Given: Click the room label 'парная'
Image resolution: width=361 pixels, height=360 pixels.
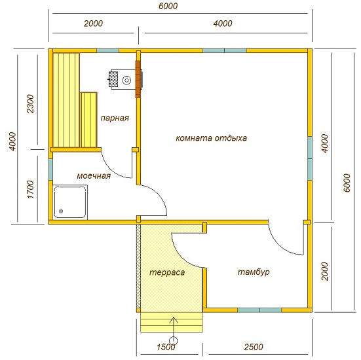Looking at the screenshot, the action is pyautogui.click(x=115, y=118).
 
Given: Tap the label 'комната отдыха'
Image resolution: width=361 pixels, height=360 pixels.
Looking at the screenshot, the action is pyautogui.click(x=211, y=138).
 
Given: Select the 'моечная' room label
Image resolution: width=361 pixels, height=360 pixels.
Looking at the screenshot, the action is pyautogui.click(x=94, y=176).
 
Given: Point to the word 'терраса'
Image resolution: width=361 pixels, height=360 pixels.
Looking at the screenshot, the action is pyautogui.click(x=167, y=272).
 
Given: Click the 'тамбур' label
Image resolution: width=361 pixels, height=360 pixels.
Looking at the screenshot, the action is pyautogui.click(x=254, y=272).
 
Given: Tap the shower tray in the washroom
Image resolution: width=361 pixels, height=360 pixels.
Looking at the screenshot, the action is pyautogui.click(x=70, y=202).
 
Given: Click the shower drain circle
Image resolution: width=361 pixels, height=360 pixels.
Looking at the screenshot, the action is pyautogui.click(x=61, y=211).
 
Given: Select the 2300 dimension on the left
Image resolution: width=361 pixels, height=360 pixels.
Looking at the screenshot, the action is pyautogui.click(x=30, y=103).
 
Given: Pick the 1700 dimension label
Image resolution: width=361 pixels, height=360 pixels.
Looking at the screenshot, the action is pyautogui.click(x=30, y=189).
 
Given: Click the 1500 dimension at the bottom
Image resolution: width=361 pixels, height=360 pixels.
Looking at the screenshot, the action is pyautogui.click(x=166, y=347).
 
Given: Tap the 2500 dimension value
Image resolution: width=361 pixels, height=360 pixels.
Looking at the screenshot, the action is pyautogui.click(x=254, y=347).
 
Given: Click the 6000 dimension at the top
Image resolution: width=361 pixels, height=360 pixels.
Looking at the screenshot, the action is pyautogui.click(x=168, y=6).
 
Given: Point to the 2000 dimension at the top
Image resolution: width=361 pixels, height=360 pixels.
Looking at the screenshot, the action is pyautogui.click(x=93, y=24).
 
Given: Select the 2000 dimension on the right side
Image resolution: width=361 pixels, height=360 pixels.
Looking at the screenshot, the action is pyautogui.click(x=324, y=271).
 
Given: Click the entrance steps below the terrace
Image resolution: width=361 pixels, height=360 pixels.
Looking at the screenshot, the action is pyautogui.click(x=172, y=322).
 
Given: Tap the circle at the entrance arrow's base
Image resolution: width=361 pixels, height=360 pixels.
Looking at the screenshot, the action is pyautogui.click(x=173, y=340).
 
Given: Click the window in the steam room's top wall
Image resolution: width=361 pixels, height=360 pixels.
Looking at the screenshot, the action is pyautogui.click(x=107, y=50).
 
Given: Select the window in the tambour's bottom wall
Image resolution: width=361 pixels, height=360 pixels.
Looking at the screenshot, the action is pyautogui.click(x=259, y=310).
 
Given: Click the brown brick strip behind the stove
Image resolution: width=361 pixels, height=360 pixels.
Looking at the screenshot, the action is pyautogui.click(x=138, y=79).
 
